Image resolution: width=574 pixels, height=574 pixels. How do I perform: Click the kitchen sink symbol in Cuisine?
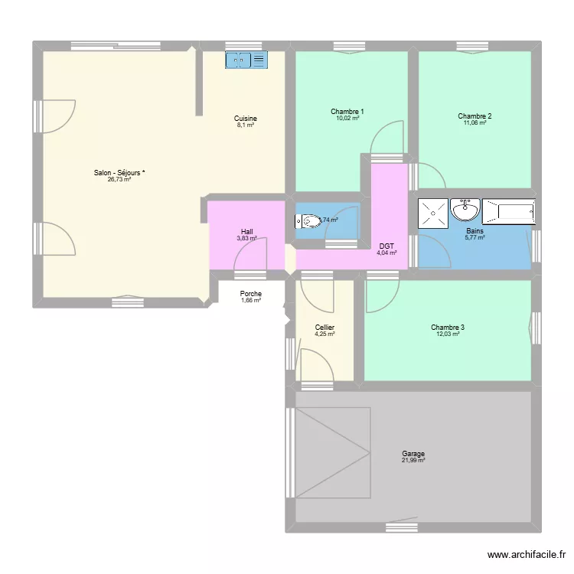(246, 59)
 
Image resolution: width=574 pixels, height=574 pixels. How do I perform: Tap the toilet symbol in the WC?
(308, 222)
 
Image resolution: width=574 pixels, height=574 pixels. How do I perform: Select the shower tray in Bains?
(433, 212)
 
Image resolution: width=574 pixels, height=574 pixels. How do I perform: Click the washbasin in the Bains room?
(465, 209)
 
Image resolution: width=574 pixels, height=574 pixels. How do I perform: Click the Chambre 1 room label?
(347, 112)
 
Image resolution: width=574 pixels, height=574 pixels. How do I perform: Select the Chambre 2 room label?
(475, 116)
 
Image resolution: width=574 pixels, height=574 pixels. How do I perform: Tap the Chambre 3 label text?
(448, 328)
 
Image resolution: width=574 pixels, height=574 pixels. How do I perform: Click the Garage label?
(413, 453)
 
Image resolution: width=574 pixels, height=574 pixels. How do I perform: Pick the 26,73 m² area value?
(119, 180)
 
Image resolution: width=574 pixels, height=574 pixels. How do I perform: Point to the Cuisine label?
(246, 119)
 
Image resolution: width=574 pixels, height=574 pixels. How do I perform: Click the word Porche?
(250, 294)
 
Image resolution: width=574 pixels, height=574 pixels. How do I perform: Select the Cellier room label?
(325, 328)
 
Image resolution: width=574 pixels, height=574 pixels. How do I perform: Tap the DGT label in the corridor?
(386, 246)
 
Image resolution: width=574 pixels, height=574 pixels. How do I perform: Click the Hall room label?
(246, 232)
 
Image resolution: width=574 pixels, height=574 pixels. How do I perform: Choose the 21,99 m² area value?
(413, 460)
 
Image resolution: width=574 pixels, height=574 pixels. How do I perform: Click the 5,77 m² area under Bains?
(475, 237)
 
